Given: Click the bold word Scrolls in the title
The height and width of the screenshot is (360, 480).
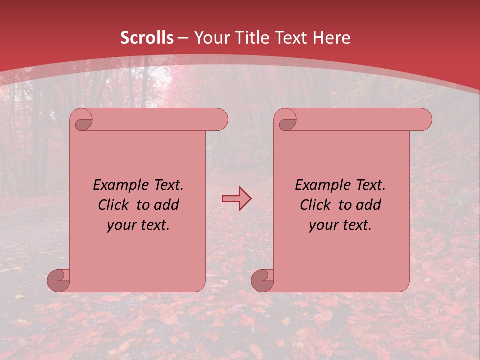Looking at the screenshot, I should (147, 38).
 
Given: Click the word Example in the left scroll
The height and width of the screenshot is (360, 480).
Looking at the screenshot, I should (119, 185).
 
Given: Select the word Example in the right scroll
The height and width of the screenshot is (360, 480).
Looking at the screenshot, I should (321, 185).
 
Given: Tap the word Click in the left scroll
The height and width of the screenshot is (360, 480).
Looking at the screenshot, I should (115, 205).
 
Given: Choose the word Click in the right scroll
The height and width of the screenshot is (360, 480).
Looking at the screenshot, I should (317, 205).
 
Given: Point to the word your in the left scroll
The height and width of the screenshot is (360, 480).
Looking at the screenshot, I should (120, 226).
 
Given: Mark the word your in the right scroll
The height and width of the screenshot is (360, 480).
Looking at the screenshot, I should (322, 226).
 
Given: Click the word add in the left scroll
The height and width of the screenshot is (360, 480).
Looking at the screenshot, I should (167, 205).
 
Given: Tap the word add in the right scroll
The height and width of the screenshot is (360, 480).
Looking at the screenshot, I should (369, 205).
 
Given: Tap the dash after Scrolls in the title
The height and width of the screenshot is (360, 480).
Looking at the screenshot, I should (183, 38).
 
